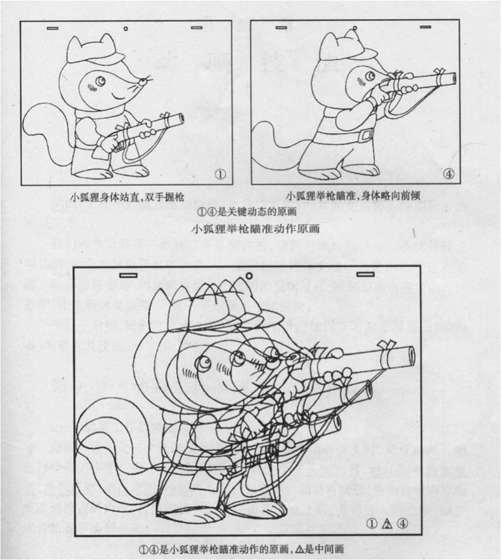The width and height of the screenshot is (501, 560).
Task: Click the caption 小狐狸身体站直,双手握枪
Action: coord(123,196)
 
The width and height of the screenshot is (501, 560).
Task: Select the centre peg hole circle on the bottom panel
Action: coord(249,275)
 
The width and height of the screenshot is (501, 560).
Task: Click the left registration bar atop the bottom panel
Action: coord(129,275)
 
